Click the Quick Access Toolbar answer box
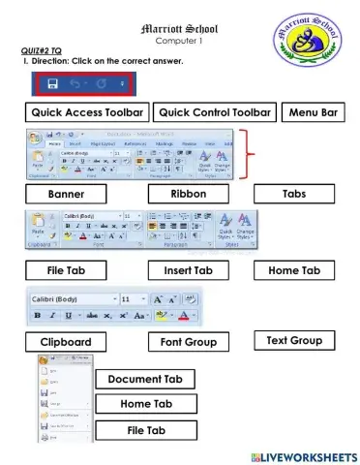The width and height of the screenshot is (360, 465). click(87, 113)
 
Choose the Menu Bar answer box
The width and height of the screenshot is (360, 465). click(313, 113)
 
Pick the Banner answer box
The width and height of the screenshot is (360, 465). click(67, 194)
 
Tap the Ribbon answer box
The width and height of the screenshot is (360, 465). click(189, 194)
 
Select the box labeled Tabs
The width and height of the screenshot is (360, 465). click(294, 194)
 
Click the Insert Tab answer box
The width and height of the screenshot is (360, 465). click(188, 271)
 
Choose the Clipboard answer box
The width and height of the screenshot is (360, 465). click(67, 342)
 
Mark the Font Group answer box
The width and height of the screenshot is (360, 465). click(188, 342)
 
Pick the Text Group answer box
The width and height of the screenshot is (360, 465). click(294, 341)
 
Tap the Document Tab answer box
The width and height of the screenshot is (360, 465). click(145, 379)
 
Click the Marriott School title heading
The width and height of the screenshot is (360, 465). click(179, 30)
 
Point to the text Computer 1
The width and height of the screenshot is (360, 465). click(179, 43)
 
